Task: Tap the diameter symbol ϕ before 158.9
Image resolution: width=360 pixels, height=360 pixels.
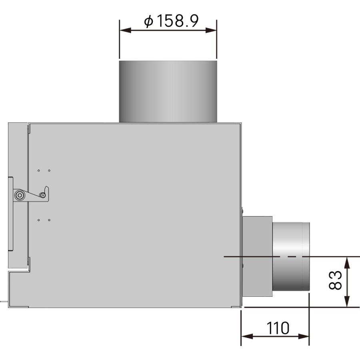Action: click(x=148, y=22)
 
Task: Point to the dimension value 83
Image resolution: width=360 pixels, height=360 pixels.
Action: click(x=335, y=280)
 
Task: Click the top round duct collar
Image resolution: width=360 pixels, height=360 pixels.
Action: click(x=168, y=91)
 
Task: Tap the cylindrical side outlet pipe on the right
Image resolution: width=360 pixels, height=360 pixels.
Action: click(x=291, y=256)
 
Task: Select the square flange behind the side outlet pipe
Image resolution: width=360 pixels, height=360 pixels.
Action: click(x=257, y=256)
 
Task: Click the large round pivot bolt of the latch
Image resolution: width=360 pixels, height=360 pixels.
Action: click(x=19, y=195)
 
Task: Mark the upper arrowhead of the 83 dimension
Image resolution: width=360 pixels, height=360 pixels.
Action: click(x=348, y=262)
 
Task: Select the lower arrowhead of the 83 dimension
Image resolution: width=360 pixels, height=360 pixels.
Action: click(x=348, y=302)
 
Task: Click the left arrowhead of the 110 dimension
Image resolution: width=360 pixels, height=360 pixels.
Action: click(x=246, y=336)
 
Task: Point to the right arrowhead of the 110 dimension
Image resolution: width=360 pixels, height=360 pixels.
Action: click(x=304, y=336)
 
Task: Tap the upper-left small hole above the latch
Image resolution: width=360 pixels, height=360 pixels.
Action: click(x=39, y=171)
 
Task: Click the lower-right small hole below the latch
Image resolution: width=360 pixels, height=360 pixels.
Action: click(x=49, y=220)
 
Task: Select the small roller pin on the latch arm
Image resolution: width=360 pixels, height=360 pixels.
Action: click(x=42, y=195)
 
